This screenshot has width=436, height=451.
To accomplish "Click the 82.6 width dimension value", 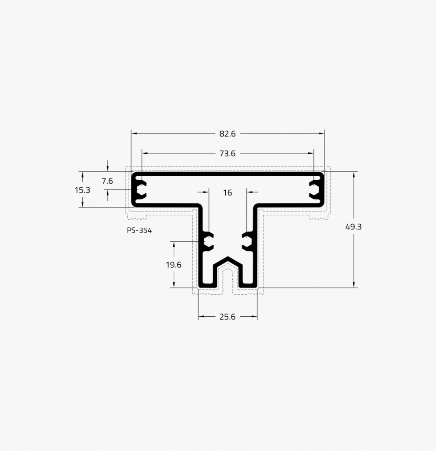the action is coord(227,134).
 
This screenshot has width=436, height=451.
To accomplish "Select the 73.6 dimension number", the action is coord(227,154).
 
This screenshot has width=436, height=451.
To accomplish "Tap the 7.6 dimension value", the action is coord(107,181).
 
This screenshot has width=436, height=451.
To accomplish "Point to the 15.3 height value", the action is coord(82,190).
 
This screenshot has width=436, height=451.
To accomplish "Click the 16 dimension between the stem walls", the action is coord(227,193).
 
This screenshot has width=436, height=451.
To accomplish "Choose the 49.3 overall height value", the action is coord(354,227).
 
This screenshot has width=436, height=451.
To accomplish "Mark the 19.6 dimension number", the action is coord(173,265).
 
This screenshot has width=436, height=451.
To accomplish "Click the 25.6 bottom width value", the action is coord(227,317).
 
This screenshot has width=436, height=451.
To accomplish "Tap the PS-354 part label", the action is coord(139,230).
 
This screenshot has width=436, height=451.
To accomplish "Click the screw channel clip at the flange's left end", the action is coord(141,189).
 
